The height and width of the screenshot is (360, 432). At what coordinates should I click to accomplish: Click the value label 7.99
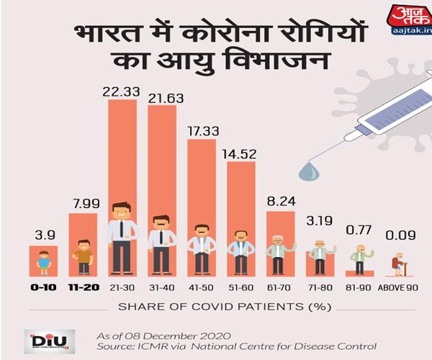pyautogui.click(x=83, y=202)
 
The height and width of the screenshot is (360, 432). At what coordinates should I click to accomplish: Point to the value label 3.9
pyautogui.click(x=43, y=235)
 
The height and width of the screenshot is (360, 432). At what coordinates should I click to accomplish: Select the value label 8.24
pyautogui.click(x=281, y=201)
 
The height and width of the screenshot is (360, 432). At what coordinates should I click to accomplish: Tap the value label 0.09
pyautogui.click(x=398, y=235)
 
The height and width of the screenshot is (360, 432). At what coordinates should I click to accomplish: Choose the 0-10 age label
pyautogui.click(x=43, y=287)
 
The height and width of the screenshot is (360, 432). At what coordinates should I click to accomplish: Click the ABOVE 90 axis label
pyautogui.click(x=398, y=287)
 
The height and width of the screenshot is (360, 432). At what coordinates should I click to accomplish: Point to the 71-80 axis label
pyautogui.click(x=320, y=287)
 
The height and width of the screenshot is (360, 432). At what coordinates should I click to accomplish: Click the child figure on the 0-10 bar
pyautogui.click(x=43, y=261)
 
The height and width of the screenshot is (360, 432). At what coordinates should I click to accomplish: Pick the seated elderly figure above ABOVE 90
pyautogui.click(x=398, y=264)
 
